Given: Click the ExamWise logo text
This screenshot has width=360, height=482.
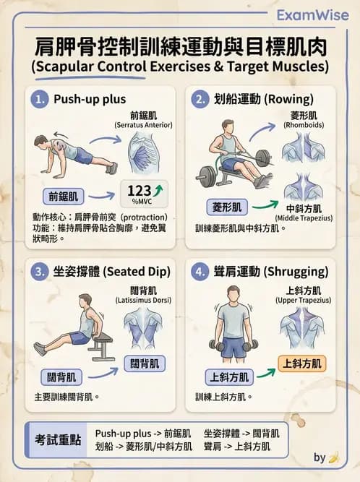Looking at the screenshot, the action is pyautogui.click(x=313, y=15).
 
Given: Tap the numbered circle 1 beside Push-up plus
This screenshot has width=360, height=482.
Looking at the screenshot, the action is pyautogui.click(x=39, y=99).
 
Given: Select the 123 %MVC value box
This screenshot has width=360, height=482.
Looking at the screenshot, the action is pyautogui.click(x=144, y=194).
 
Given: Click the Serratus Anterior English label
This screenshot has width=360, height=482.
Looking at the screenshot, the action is pyautogui.click(x=144, y=125).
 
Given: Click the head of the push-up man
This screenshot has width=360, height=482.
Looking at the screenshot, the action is pyautogui.click(x=41, y=142).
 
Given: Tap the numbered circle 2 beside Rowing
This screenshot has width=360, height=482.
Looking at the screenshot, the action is pyautogui.click(x=200, y=99).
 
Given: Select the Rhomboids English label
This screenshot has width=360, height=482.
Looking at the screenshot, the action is pyautogui.click(x=304, y=125).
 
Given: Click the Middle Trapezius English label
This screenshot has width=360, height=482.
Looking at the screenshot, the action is pyautogui.click(x=304, y=218).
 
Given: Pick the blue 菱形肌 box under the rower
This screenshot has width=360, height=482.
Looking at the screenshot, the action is pyautogui.click(x=227, y=207).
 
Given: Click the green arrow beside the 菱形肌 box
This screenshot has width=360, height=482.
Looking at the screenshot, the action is pyautogui.click(x=265, y=205).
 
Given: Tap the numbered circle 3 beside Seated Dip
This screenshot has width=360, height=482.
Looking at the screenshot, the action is pyautogui.click(x=39, y=272).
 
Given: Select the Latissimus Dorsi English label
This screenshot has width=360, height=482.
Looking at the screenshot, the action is pyautogui.click(x=143, y=301).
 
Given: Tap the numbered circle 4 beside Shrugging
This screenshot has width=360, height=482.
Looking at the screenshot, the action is pyautogui.click(x=200, y=272).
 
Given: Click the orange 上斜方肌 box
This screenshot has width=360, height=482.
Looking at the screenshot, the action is pyautogui.click(x=302, y=364).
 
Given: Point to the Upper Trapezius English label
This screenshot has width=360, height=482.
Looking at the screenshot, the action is pyautogui.click(x=303, y=301).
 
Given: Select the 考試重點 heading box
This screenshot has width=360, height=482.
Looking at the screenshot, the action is pyautogui.click(x=57, y=440).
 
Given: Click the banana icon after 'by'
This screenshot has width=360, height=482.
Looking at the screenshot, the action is pyautogui.click(x=333, y=457).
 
